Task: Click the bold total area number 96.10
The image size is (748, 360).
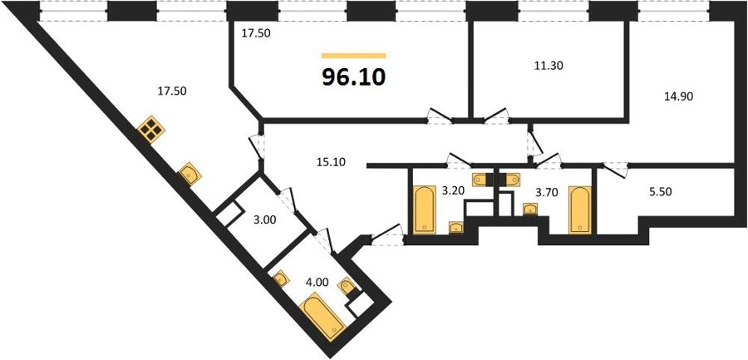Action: (x=353, y=76)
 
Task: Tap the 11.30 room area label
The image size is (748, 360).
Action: (x=549, y=66)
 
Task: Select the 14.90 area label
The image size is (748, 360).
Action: (x=679, y=96)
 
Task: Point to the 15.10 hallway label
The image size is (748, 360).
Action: (x=331, y=162)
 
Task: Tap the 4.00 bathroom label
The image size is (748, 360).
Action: (x=317, y=282)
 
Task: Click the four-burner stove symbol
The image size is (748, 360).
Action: (x=150, y=130)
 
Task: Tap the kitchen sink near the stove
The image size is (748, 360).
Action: (x=189, y=175)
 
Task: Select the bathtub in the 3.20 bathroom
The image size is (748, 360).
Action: (x=424, y=210)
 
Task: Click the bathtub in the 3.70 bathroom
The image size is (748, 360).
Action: (x=580, y=210)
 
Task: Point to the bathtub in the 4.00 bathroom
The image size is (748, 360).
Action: (x=324, y=318)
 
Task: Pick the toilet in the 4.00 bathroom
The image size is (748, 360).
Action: (x=347, y=287)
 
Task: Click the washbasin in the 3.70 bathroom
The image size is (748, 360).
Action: (x=530, y=210)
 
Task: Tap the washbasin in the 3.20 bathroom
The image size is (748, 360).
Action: (x=456, y=227)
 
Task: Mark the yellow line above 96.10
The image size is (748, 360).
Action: (x=353, y=56)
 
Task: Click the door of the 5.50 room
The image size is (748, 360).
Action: (x=616, y=170)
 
